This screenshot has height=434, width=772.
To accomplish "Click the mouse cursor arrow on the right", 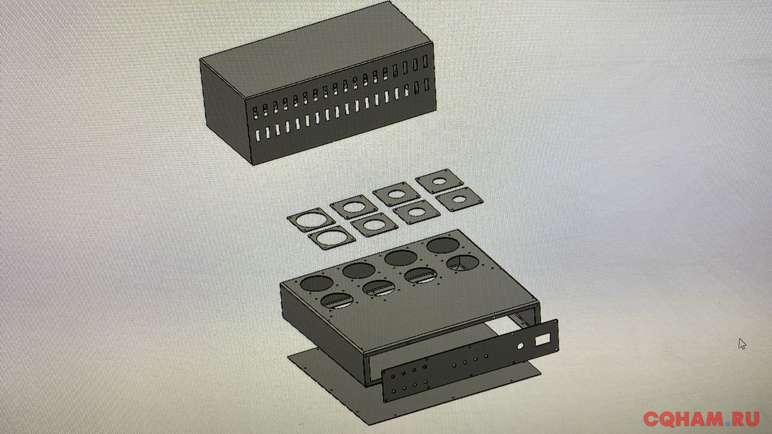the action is point(742,344).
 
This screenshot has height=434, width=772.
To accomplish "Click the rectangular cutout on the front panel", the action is point(542,341).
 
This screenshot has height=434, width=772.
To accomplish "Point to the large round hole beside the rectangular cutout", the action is point(520,346).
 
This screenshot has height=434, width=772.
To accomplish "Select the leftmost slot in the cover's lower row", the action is point(258,136).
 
